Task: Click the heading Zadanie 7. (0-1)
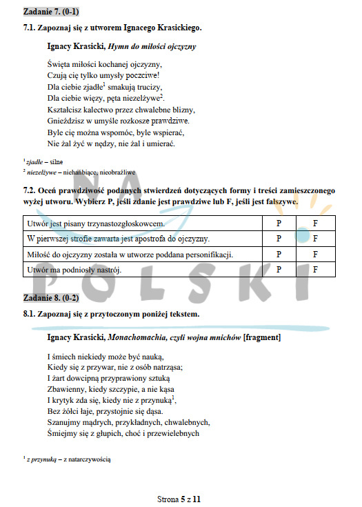click(50, 12)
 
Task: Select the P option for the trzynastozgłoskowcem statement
click(279, 224)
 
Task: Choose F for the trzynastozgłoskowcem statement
click(314, 224)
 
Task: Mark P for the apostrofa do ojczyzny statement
click(279, 239)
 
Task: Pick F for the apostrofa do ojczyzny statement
click(314, 239)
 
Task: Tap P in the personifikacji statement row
click(279, 255)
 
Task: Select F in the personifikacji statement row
click(314, 255)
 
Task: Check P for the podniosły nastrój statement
click(279, 270)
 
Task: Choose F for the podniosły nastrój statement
click(314, 270)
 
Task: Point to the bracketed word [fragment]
click(263, 338)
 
